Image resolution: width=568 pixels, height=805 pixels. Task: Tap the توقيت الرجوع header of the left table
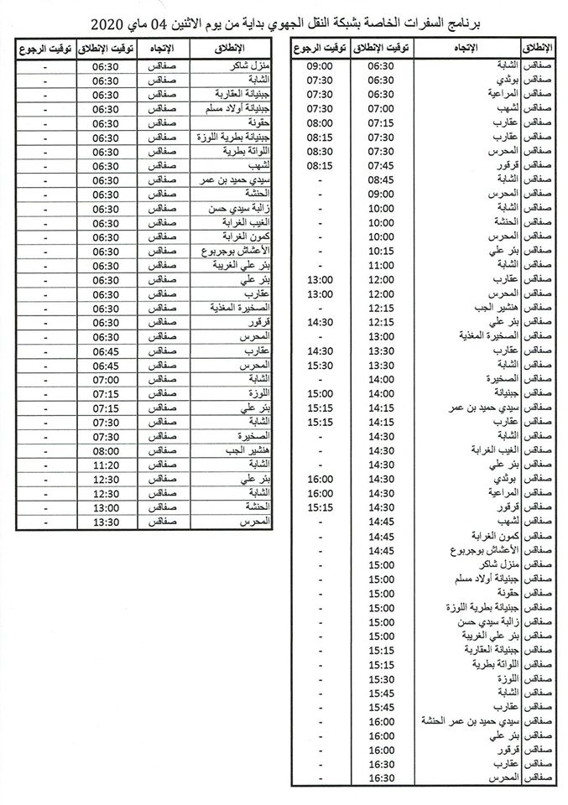[x=44, y=48]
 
